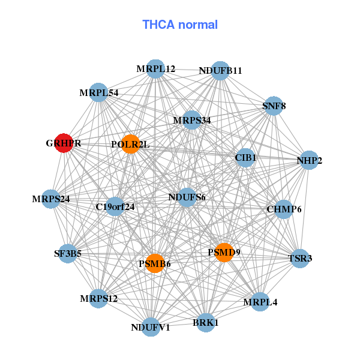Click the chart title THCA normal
[x=180, y=25]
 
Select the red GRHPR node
[x=64, y=143]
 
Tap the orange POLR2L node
[x=130, y=144]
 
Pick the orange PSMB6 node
[x=155, y=263]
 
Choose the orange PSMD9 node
[x=224, y=252]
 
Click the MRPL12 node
[x=155, y=69]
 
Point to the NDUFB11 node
[x=220, y=70]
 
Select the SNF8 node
[x=274, y=106]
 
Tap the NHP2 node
[x=309, y=160]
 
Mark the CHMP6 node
[x=284, y=209]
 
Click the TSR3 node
[x=300, y=259]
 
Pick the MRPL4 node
[x=260, y=302]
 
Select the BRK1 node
[x=206, y=322]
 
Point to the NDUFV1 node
[x=151, y=327]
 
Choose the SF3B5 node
[x=67, y=254]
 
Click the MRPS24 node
[x=51, y=199]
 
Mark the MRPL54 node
[x=98, y=93]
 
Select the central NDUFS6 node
[x=187, y=197]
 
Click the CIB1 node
[x=245, y=158]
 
